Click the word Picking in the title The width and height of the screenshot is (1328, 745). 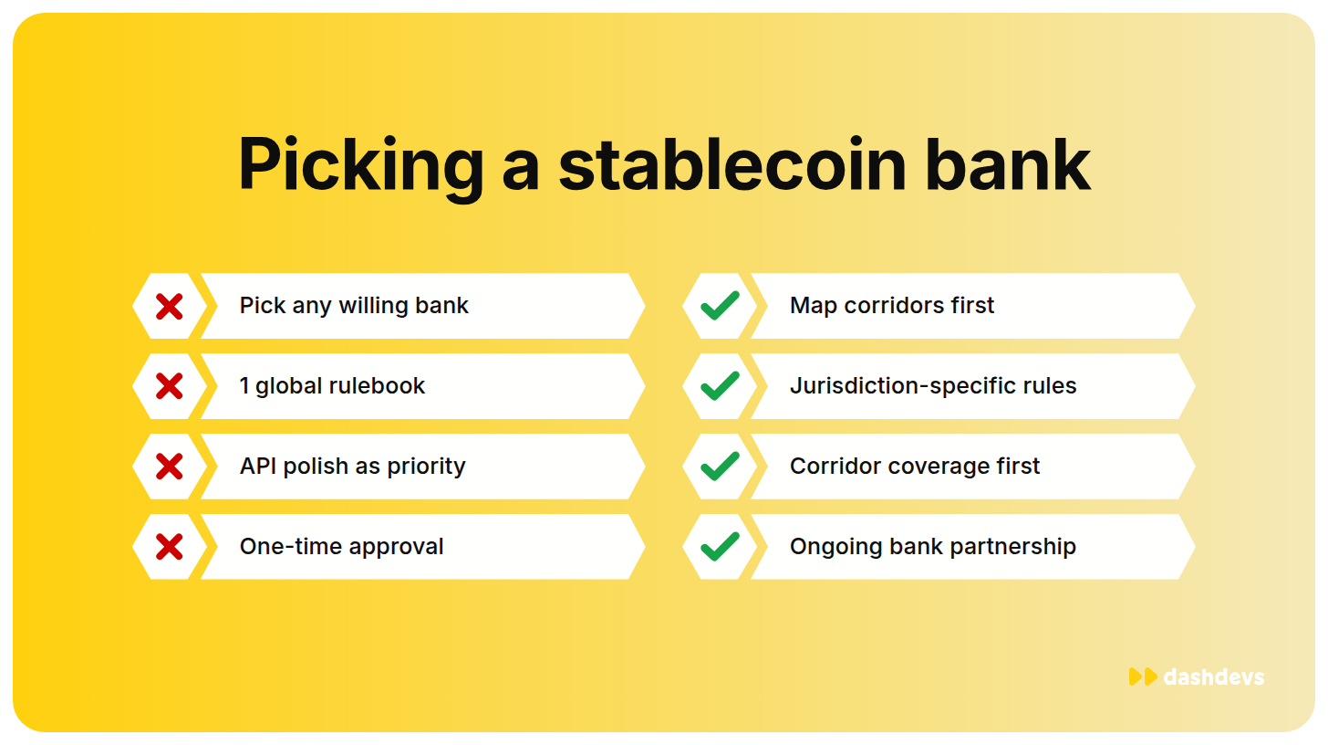coord(361,166)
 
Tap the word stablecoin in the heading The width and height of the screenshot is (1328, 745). coord(731,164)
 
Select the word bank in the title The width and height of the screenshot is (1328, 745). coord(1008,164)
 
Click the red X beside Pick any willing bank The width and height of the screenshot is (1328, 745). coord(169,307)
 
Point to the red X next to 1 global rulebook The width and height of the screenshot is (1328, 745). coord(169,386)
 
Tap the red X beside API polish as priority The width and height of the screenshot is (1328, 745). coord(169,467)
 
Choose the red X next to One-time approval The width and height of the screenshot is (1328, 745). coord(169,547)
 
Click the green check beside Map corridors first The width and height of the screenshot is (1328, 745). coord(720,306)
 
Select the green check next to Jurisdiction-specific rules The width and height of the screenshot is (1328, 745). coord(720,386)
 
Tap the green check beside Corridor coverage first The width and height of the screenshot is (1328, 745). coord(720,466)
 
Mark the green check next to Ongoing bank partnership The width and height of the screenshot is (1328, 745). coord(720,546)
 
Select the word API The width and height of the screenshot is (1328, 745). coord(258,467)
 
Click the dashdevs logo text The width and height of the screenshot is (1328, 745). coord(1214,677)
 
